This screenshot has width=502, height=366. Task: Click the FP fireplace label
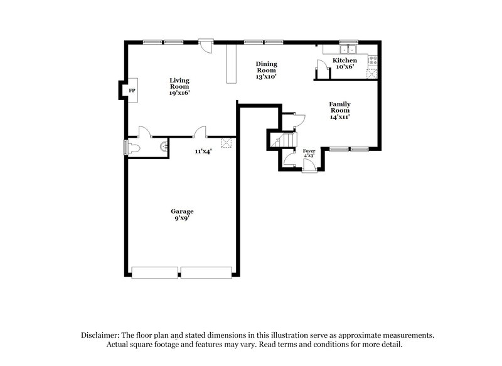point(132,91)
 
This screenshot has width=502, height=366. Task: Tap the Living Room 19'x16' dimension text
point(179,93)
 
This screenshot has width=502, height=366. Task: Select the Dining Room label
point(266,67)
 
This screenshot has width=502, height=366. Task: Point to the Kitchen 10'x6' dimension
point(344,67)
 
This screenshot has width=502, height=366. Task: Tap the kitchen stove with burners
point(373,61)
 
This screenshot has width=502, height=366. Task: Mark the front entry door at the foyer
point(309,165)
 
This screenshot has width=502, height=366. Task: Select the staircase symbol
point(283,141)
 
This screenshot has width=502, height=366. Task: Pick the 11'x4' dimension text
point(202,152)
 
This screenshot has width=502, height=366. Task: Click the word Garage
point(182,211)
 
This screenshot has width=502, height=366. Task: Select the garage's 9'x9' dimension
point(182,218)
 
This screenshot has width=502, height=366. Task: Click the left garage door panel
point(155,272)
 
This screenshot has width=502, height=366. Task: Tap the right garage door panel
point(207,272)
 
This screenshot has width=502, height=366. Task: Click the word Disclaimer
point(101,335)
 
